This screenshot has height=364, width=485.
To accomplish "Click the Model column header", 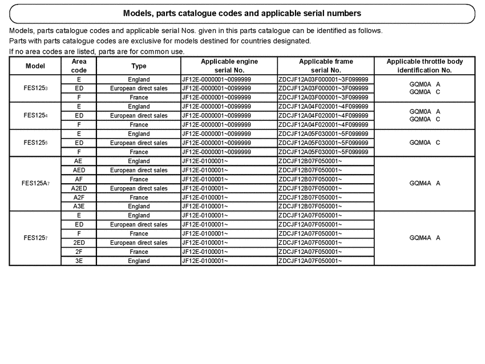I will point(35,66).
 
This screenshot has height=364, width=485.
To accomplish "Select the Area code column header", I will point(79,66).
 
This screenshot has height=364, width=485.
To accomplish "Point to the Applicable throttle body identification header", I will point(425,66).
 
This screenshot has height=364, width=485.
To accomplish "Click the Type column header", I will point(139,66).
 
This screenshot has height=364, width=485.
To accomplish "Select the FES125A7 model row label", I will point(35,184).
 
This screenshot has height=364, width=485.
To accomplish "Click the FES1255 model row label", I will point(35,143).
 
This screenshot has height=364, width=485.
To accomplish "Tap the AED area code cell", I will point(79,170).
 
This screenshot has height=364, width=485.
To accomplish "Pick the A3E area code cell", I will point(79,207).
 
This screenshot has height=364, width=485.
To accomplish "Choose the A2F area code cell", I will point(79,197).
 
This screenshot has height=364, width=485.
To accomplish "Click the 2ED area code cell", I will point(79,242).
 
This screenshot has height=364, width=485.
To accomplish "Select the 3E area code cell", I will point(79,261).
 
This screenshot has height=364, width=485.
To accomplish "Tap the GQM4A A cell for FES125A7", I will point(425,184).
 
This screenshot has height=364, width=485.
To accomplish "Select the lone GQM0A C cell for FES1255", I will point(425,143).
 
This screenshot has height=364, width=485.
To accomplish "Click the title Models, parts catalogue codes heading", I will point(242,13).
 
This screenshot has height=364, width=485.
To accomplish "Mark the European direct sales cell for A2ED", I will point(139,188).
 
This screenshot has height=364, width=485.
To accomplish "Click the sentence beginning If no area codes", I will point(97,51).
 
